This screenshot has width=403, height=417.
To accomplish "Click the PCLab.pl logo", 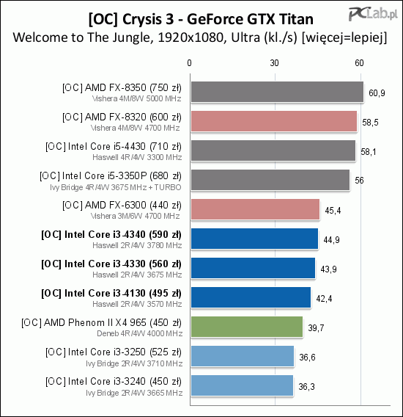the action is (373, 14).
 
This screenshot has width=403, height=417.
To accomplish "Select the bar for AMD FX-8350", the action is (277, 92).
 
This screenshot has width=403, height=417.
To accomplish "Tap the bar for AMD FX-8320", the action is (274, 121).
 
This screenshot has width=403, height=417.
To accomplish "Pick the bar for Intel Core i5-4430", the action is (273, 151).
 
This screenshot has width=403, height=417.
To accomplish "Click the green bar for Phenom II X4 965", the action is (247, 327).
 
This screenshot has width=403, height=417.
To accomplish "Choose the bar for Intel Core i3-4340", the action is (254, 239).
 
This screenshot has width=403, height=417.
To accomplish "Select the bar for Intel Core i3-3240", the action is (242, 385).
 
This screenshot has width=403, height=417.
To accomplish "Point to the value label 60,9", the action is (377, 93).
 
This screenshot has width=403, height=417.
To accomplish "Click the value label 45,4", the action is (333, 211).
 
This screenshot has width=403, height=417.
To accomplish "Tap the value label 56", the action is (359, 181).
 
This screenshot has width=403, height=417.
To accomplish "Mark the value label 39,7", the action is (316, 328).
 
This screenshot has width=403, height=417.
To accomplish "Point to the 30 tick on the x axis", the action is (275, 63).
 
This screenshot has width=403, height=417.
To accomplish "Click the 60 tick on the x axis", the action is (359, 63).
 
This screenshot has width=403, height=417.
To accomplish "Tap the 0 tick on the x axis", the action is (189, 63).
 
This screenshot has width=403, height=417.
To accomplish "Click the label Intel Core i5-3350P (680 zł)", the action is (111, 176).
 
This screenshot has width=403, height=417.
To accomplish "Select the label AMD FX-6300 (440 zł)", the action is (122, 206).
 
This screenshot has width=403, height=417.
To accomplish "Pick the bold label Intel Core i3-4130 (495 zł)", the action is (111, 294).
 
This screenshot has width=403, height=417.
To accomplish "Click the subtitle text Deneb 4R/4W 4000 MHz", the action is (140, 333).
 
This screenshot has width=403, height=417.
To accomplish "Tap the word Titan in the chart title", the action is (296, 19).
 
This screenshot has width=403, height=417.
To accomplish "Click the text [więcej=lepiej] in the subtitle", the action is (344, 37).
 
